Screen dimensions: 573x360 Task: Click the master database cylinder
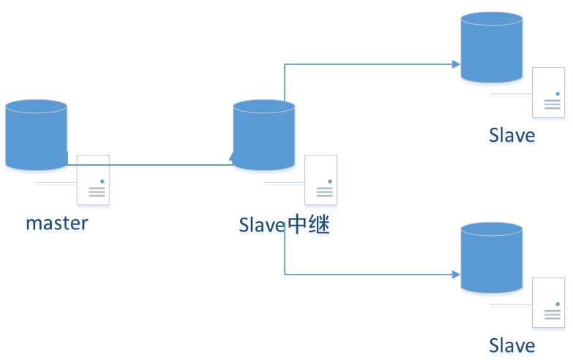[x=36, y=134]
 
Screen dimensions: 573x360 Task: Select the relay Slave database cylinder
[x=264, y=134]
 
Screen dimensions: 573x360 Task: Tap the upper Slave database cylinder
[x=491, y=47]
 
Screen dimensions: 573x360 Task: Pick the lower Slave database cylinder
[x=491, y=257]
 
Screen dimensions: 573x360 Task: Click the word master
[x=57, y=223]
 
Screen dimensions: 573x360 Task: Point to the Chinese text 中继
[x=309, y=224]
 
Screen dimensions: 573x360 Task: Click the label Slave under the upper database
[x=512, y=135]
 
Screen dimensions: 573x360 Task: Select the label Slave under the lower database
[x=512, y=345]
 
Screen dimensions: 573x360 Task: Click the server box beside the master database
[x=93, y=180]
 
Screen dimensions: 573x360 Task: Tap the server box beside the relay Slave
[x=321, y=180]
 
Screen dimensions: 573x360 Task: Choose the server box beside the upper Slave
[x=548, y=92]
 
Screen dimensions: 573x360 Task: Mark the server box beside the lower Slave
[x=548, y=302]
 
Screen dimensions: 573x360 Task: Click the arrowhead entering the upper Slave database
[x=456, y=64]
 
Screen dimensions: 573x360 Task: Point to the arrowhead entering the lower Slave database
[x=456, y=275]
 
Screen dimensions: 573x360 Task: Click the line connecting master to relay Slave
[x=150, y=165]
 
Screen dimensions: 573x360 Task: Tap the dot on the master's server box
[x=102, y=181]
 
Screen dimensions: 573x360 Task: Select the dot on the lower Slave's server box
[x=558, y=304]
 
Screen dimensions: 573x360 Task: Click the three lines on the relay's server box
[x=325, y=192]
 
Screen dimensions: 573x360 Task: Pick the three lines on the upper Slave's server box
[x=552, y=104]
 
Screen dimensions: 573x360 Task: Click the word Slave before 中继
[x=262, y=225]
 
